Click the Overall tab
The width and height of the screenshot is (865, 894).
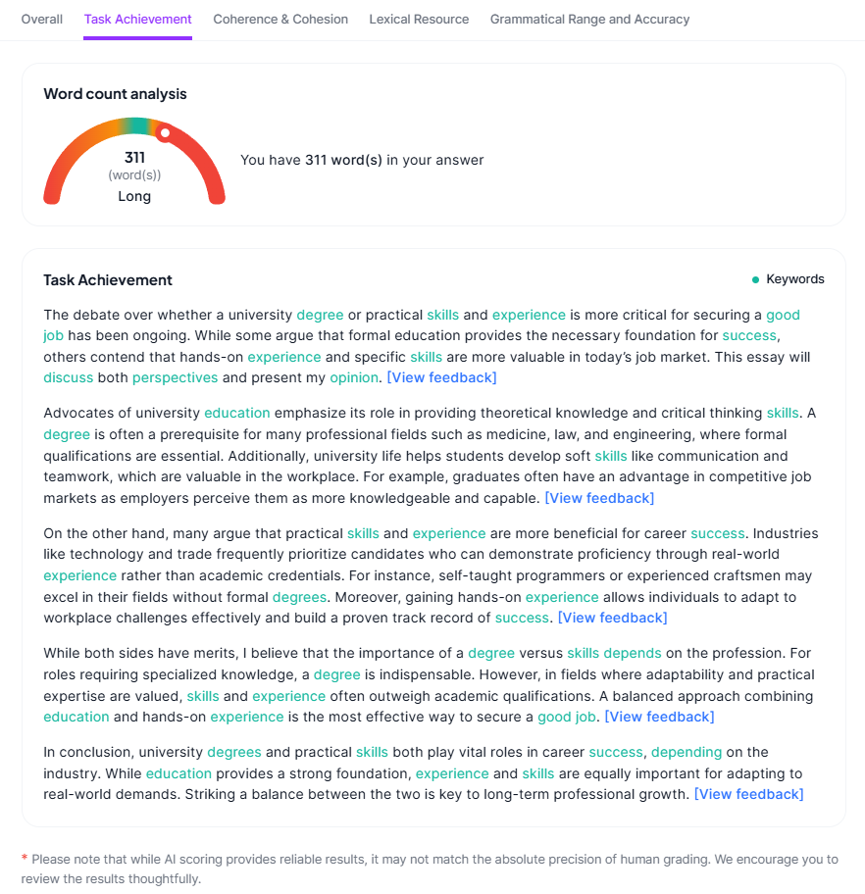point(42,19)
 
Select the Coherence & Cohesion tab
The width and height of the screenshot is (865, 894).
point(280,19)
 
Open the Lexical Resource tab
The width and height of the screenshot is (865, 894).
point(419,19)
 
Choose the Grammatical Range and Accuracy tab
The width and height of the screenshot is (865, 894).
point(589,19)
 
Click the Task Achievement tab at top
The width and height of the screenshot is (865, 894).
point(137,19)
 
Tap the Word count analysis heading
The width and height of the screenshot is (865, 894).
point(115,94)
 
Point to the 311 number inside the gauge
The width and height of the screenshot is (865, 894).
point(134,157)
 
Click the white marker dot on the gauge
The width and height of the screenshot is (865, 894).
point(165,132)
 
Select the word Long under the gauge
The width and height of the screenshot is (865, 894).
point(134,196)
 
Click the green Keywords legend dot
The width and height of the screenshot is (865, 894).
point(755,279)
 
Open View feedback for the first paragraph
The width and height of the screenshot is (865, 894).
point(441,377)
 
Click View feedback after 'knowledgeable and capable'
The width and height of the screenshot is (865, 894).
point(599,498)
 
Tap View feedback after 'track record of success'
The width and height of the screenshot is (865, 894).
point(612,618)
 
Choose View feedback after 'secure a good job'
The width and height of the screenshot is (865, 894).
point(659,717)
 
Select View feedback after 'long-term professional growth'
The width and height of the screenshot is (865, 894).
point(748,794)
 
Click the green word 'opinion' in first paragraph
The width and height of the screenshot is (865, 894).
point(354,377)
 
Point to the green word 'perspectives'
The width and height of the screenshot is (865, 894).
point(176,377)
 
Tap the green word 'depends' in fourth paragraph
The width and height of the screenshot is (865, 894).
point(633,653)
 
